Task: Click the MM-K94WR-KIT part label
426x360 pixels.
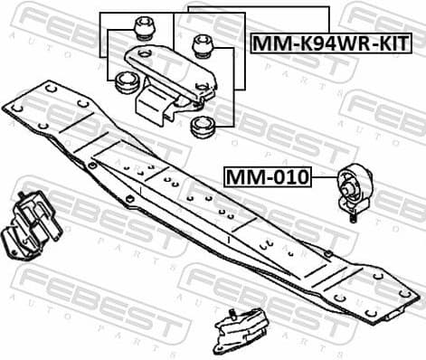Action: [329, 43]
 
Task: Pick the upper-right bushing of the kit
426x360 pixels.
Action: [203, 42]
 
